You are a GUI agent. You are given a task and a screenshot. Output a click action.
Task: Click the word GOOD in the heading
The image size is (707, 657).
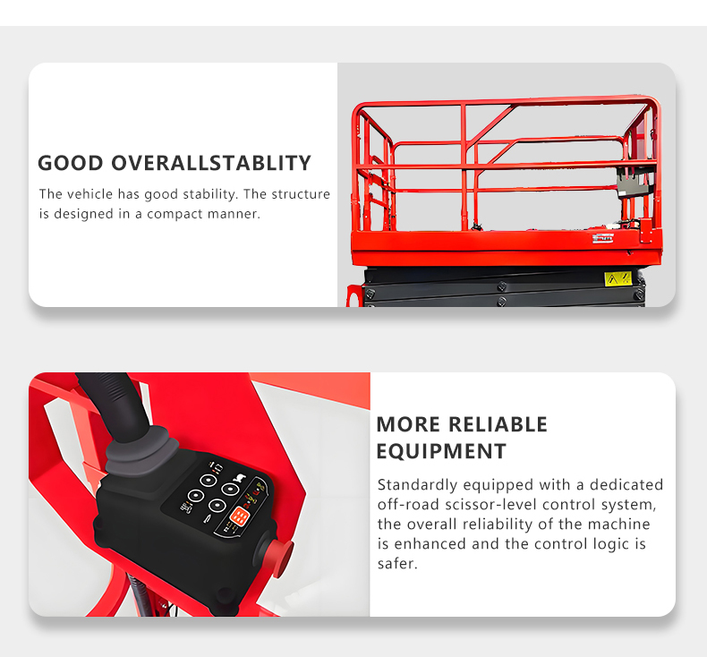(71, 163)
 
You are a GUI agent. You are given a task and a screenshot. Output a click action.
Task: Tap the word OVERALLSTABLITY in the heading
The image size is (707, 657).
(211, 163)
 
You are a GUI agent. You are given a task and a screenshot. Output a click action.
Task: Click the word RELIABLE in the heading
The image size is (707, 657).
(498, 424)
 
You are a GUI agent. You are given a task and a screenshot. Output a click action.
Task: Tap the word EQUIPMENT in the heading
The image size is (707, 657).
(441, 451)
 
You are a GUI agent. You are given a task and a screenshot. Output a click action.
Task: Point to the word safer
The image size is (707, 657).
(397, 564)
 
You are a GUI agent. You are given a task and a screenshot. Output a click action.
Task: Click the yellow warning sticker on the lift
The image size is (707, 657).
(618, 279)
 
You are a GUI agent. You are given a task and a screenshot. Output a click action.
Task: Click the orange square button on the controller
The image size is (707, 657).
(240, 516)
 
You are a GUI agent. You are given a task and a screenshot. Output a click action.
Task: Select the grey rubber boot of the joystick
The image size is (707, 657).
(142, 452)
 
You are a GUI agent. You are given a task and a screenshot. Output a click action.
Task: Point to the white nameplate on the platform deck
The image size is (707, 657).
(603, 238)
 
